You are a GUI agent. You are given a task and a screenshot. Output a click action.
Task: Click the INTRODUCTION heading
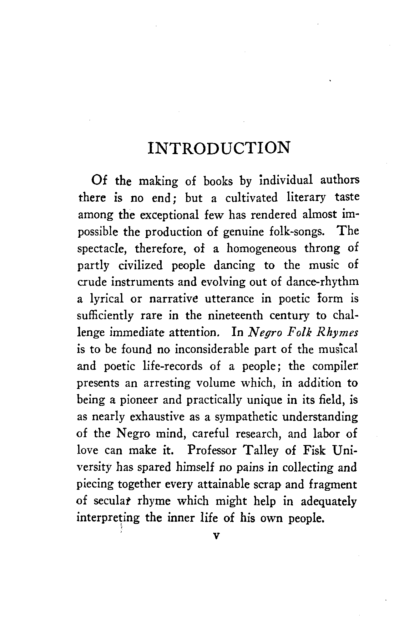pyautogui.click(x=219, y=148)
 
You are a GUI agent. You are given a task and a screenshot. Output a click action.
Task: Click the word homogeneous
pyautogui.click(x=261, y=248)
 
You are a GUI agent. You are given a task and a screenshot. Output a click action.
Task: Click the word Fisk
pyautogui.click(x=314, y=451)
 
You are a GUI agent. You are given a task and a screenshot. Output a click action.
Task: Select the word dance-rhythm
pyautogui.click(x=322, y=282)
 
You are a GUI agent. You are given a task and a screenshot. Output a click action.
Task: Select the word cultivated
pyautogui.click(x=251, y=198)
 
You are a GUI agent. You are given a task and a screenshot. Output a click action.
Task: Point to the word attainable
pyautogui.click(x=223, y=484)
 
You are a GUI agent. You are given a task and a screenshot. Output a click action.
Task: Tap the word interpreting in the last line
pyautogui.click(x=108, y=518)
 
